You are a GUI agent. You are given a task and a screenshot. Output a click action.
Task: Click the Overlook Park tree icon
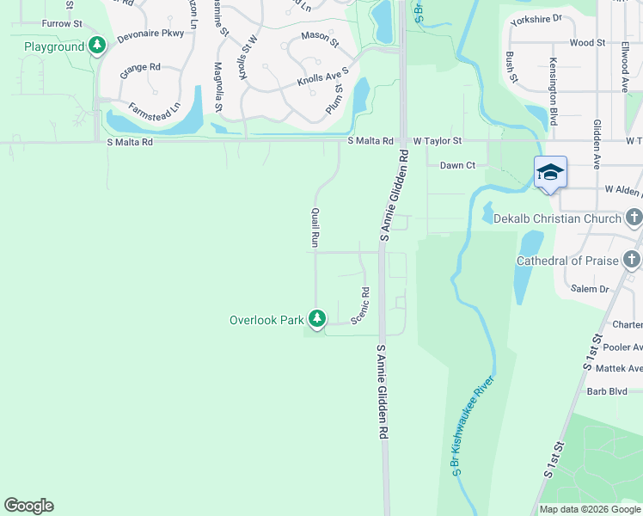pos(318,320)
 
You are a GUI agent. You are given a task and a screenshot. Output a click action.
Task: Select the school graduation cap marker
pos(550,172)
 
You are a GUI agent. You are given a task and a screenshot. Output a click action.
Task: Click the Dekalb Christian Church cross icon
pos(634,218)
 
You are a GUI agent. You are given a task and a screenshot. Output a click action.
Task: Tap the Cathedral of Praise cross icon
pos(633,260)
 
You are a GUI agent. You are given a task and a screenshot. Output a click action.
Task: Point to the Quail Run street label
pos(315,228)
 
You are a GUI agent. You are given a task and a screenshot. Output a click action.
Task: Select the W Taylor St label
pos(438,140)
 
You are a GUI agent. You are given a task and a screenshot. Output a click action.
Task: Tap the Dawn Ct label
pos(457,165)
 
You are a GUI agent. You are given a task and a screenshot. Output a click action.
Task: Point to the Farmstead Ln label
pos(154,112)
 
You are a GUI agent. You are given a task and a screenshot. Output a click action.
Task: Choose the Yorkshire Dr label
pos(535,17)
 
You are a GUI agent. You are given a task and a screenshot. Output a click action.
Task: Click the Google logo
pos(29,506)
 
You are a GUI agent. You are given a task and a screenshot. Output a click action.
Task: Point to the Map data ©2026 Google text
pos(590,509)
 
